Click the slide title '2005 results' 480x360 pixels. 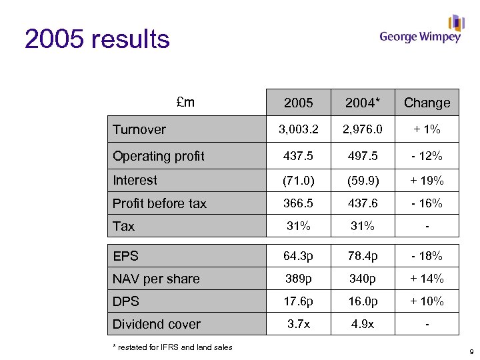(97, 40)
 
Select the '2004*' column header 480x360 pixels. (363, 103)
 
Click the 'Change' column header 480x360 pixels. (427, 103)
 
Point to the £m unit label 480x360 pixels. (185, 102)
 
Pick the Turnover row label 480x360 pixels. (139, 129)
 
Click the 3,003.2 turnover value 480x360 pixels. (299, 129)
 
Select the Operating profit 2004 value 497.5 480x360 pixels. (363, 156)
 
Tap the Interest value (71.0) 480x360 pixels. (299, 180)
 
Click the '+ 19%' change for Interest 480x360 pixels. (427, 180)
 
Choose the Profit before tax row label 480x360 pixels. (159, 203)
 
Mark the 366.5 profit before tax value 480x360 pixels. (299, 203)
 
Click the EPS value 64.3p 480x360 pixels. (299, 256)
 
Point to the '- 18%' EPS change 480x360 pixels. (427, 256)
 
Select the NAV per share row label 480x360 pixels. (156, 279)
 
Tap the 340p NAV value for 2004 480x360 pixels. (363, 279)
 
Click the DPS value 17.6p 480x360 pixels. (299, 301)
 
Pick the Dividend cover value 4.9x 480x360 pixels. (363, 324)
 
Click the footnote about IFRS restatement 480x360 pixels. (172, 347)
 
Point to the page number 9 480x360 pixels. (471, 351)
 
